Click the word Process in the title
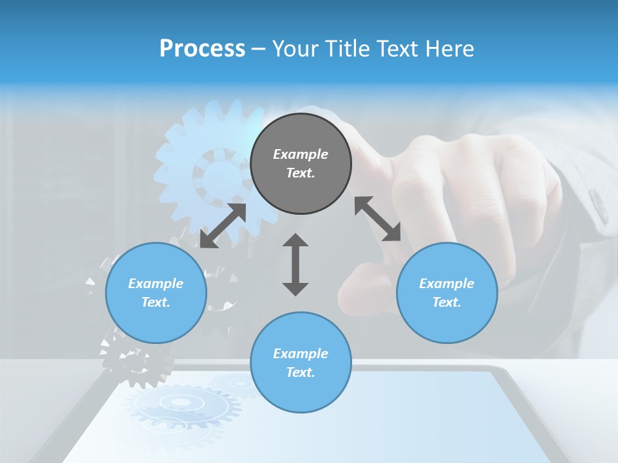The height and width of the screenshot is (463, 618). point(202,49)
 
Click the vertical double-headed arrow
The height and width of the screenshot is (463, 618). point(295,264)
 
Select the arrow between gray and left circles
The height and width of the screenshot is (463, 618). point(223,226)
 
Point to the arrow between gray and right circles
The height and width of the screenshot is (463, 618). point(377,219)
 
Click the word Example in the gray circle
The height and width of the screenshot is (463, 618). point(301,154)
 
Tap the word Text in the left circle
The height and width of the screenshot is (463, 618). point(156,302)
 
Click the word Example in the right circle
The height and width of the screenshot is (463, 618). point(447,284)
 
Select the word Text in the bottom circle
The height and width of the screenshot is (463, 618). point(301,372)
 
